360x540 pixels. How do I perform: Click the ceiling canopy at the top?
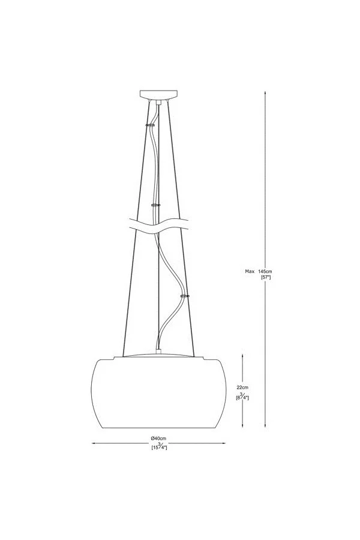(158, 94)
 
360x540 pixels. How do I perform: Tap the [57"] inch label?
(266, 277)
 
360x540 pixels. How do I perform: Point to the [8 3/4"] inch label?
(242, 397)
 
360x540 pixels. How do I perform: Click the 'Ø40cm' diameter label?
(158, 438)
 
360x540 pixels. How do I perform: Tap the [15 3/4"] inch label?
(159, 447)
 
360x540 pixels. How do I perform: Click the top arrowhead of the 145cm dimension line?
(265, 93)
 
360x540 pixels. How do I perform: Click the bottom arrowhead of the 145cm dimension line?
(265, 425)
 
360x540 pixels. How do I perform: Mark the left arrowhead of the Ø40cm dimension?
(94, 443)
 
